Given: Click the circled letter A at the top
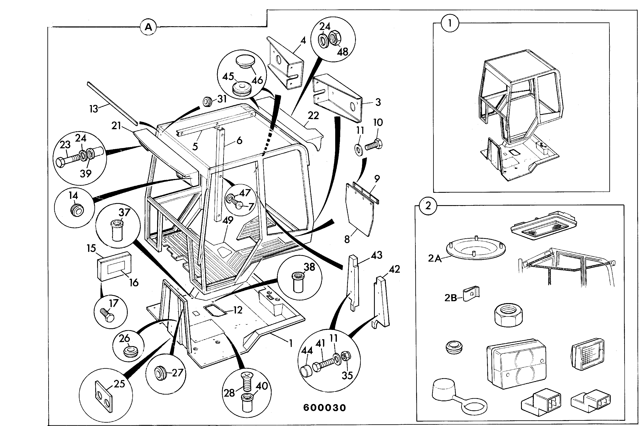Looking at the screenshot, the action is coord(148,27).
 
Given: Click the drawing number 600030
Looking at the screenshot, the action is coord(324,408).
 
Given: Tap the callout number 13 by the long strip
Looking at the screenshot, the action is coord(94,109).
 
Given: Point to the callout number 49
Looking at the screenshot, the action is coord(228,220).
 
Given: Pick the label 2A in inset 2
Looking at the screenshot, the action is coord(435,258).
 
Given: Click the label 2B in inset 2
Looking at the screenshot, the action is coord(451,298).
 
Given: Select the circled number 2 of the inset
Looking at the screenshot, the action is coord(428,206).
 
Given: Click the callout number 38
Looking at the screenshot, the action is coord(309,267).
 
